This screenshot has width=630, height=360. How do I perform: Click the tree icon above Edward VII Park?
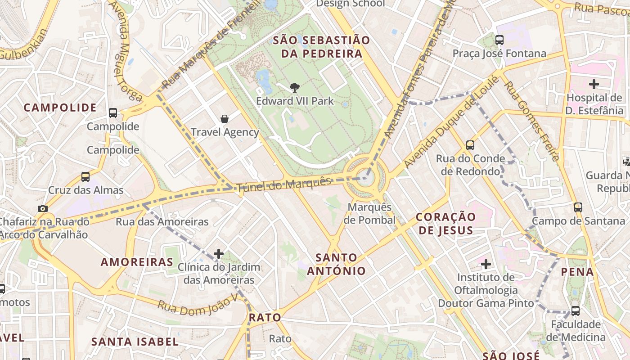295,87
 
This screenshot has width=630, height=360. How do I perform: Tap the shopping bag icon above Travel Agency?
224,119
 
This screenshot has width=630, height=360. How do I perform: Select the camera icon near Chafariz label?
43,208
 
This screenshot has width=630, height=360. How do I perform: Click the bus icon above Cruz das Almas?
85,177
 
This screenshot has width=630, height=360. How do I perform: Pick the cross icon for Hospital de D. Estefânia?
594,84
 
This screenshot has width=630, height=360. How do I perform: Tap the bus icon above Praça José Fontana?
499,40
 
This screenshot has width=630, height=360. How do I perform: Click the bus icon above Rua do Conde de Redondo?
470,145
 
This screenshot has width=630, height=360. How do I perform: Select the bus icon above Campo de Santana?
578,207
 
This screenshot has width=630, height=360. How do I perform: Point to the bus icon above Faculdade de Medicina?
575,310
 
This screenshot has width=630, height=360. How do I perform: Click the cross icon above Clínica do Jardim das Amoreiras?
219,254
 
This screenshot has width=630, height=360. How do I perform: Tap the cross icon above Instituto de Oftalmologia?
486,264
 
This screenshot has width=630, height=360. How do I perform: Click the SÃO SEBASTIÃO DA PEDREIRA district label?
321,47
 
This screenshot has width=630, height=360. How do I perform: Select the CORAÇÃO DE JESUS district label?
445,224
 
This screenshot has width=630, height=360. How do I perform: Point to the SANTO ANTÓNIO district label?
337,264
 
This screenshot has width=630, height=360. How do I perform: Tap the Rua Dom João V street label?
197,306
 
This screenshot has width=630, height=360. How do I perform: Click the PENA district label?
578,272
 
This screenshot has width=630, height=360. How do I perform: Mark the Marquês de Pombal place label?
369,214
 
